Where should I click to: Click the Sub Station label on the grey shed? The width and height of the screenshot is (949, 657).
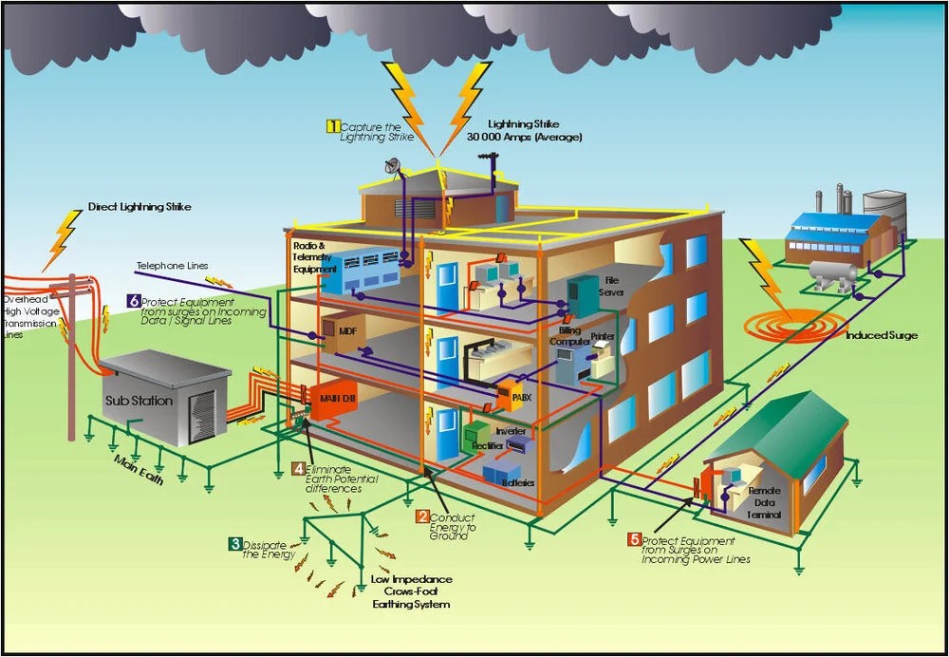click(139, 400)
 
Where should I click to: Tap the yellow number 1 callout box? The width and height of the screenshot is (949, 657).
click(333, 125)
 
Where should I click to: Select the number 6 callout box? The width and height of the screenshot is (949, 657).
click(133, 302)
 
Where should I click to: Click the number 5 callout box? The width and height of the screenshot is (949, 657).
click(634, 540)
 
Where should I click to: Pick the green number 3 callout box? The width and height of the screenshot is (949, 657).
click(233, 544)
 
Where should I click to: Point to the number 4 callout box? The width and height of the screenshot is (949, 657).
click(298, 469)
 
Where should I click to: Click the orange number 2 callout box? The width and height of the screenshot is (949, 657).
click(422, 517)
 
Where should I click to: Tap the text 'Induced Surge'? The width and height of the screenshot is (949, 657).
click(882, 335)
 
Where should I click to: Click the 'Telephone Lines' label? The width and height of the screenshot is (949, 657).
click(172, 266)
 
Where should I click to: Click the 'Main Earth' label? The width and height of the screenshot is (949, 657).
click(139, 471)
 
